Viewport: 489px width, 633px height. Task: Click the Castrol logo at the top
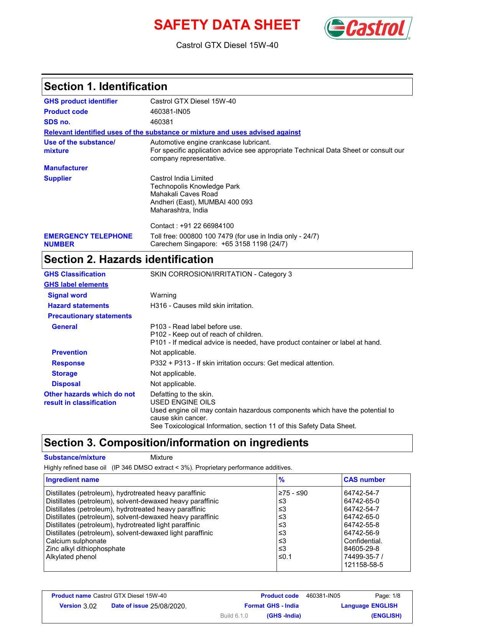click(368, 28)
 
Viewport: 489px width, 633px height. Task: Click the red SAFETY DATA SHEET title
click(227, 25)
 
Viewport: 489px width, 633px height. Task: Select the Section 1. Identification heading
click(106, 87)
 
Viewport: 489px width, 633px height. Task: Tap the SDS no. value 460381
click(161, 122)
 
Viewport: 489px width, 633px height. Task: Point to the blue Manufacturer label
click(66, 168)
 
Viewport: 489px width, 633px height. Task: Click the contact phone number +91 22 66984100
click(207, 226)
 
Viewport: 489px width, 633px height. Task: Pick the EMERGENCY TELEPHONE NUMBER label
click(88, 240)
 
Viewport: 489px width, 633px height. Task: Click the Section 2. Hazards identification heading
click(129, 260)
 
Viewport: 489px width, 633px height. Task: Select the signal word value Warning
click(163, 295)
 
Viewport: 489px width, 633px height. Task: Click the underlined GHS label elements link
click(76, 284)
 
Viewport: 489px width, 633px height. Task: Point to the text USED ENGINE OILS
click(183, 402)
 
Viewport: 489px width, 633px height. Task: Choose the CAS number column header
click(364, 480)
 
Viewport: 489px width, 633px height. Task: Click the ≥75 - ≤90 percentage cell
click(293, 493)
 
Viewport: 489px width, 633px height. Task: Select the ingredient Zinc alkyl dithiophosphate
click(86, 549)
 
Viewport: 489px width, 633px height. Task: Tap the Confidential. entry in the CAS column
click(363, 541)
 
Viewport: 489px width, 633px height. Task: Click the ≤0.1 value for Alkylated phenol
click(285, 557)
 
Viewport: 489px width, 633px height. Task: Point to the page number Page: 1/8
click(387, 596)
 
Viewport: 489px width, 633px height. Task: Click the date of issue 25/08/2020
click(168, 606)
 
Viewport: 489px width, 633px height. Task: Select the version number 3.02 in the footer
click(90, 606)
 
